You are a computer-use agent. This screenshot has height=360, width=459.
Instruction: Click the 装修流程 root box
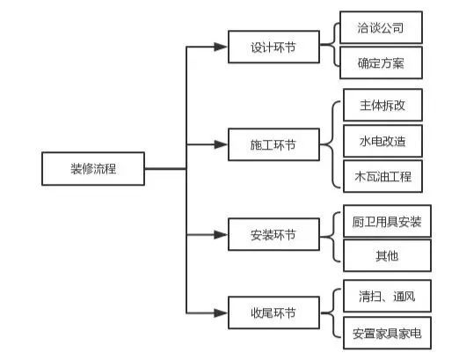pos(93,169)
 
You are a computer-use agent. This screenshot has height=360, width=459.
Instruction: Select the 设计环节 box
pos(273,47)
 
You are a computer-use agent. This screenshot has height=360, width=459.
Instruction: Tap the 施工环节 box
pos(273,144)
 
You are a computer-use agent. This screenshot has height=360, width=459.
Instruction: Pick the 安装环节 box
pos(273,234)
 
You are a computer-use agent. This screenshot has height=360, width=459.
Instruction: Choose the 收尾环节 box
pos(273,312)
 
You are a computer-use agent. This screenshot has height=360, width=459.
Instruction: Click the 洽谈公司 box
pos(381,27)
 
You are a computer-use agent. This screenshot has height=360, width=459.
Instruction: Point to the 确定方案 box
pos(381,62)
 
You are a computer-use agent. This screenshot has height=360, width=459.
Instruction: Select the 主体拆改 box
pos(382,105)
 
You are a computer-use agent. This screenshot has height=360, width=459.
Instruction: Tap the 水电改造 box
pos(382,141)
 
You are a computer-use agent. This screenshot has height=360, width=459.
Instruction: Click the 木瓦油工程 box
pos(382,176)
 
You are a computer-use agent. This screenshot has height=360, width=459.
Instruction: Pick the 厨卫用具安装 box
pos(387,221)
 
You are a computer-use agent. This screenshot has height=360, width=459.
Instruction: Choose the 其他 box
pos(387,255)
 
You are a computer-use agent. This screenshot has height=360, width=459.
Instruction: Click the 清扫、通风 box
pos(387,296)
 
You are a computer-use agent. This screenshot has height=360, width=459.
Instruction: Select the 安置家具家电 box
pos(387,333)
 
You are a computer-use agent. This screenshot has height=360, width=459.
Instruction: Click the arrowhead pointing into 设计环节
pos(221,47)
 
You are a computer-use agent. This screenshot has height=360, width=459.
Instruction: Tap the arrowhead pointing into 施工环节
pos(221,144)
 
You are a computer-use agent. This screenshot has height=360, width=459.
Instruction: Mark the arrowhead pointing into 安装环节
pos(221,234)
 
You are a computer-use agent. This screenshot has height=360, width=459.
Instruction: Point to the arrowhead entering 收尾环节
pos(221,312)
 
